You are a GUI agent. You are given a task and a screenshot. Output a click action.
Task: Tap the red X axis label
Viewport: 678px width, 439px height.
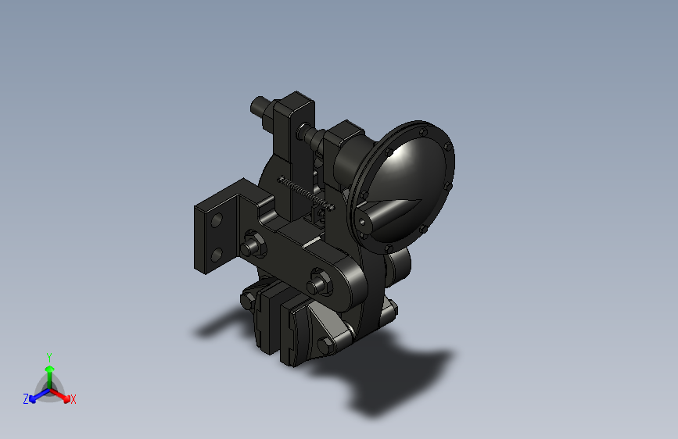click(x=74, y=400)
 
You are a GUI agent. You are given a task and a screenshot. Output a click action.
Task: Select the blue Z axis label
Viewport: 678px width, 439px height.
click(x=26, y=399)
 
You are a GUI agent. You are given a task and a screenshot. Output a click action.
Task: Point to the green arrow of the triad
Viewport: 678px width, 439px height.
click(x=49, y=370)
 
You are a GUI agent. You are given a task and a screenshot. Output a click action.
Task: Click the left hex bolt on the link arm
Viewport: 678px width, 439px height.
click(x=252, y=246)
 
